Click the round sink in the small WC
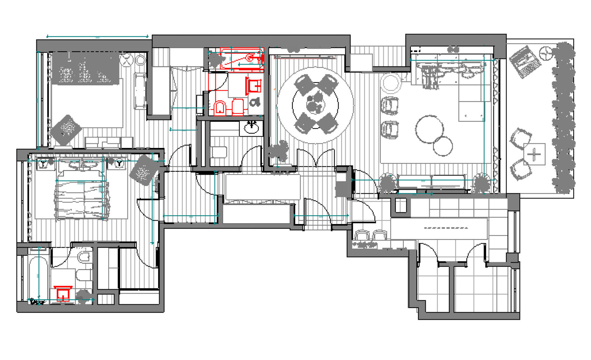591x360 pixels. click(x=251, y=127)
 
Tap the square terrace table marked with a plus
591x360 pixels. click(x=534, y=154)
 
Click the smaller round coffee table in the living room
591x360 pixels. click(x=443, y=146)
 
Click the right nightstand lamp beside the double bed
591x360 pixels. click(x=119, y=164)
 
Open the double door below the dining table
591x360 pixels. click(x=315, y=159)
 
